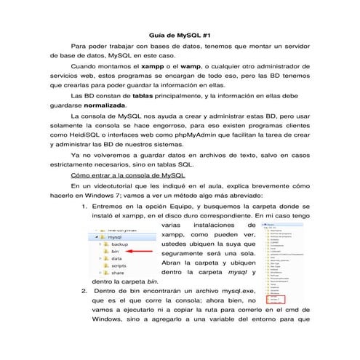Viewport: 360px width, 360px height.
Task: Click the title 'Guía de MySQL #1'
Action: [x=180, y=35]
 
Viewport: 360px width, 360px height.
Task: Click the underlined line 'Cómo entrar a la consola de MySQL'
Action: [x=127, y=175]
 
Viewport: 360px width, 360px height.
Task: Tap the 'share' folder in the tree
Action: [x=117, y=273]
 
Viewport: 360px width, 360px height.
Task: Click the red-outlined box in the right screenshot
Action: [x=273, y=299]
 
